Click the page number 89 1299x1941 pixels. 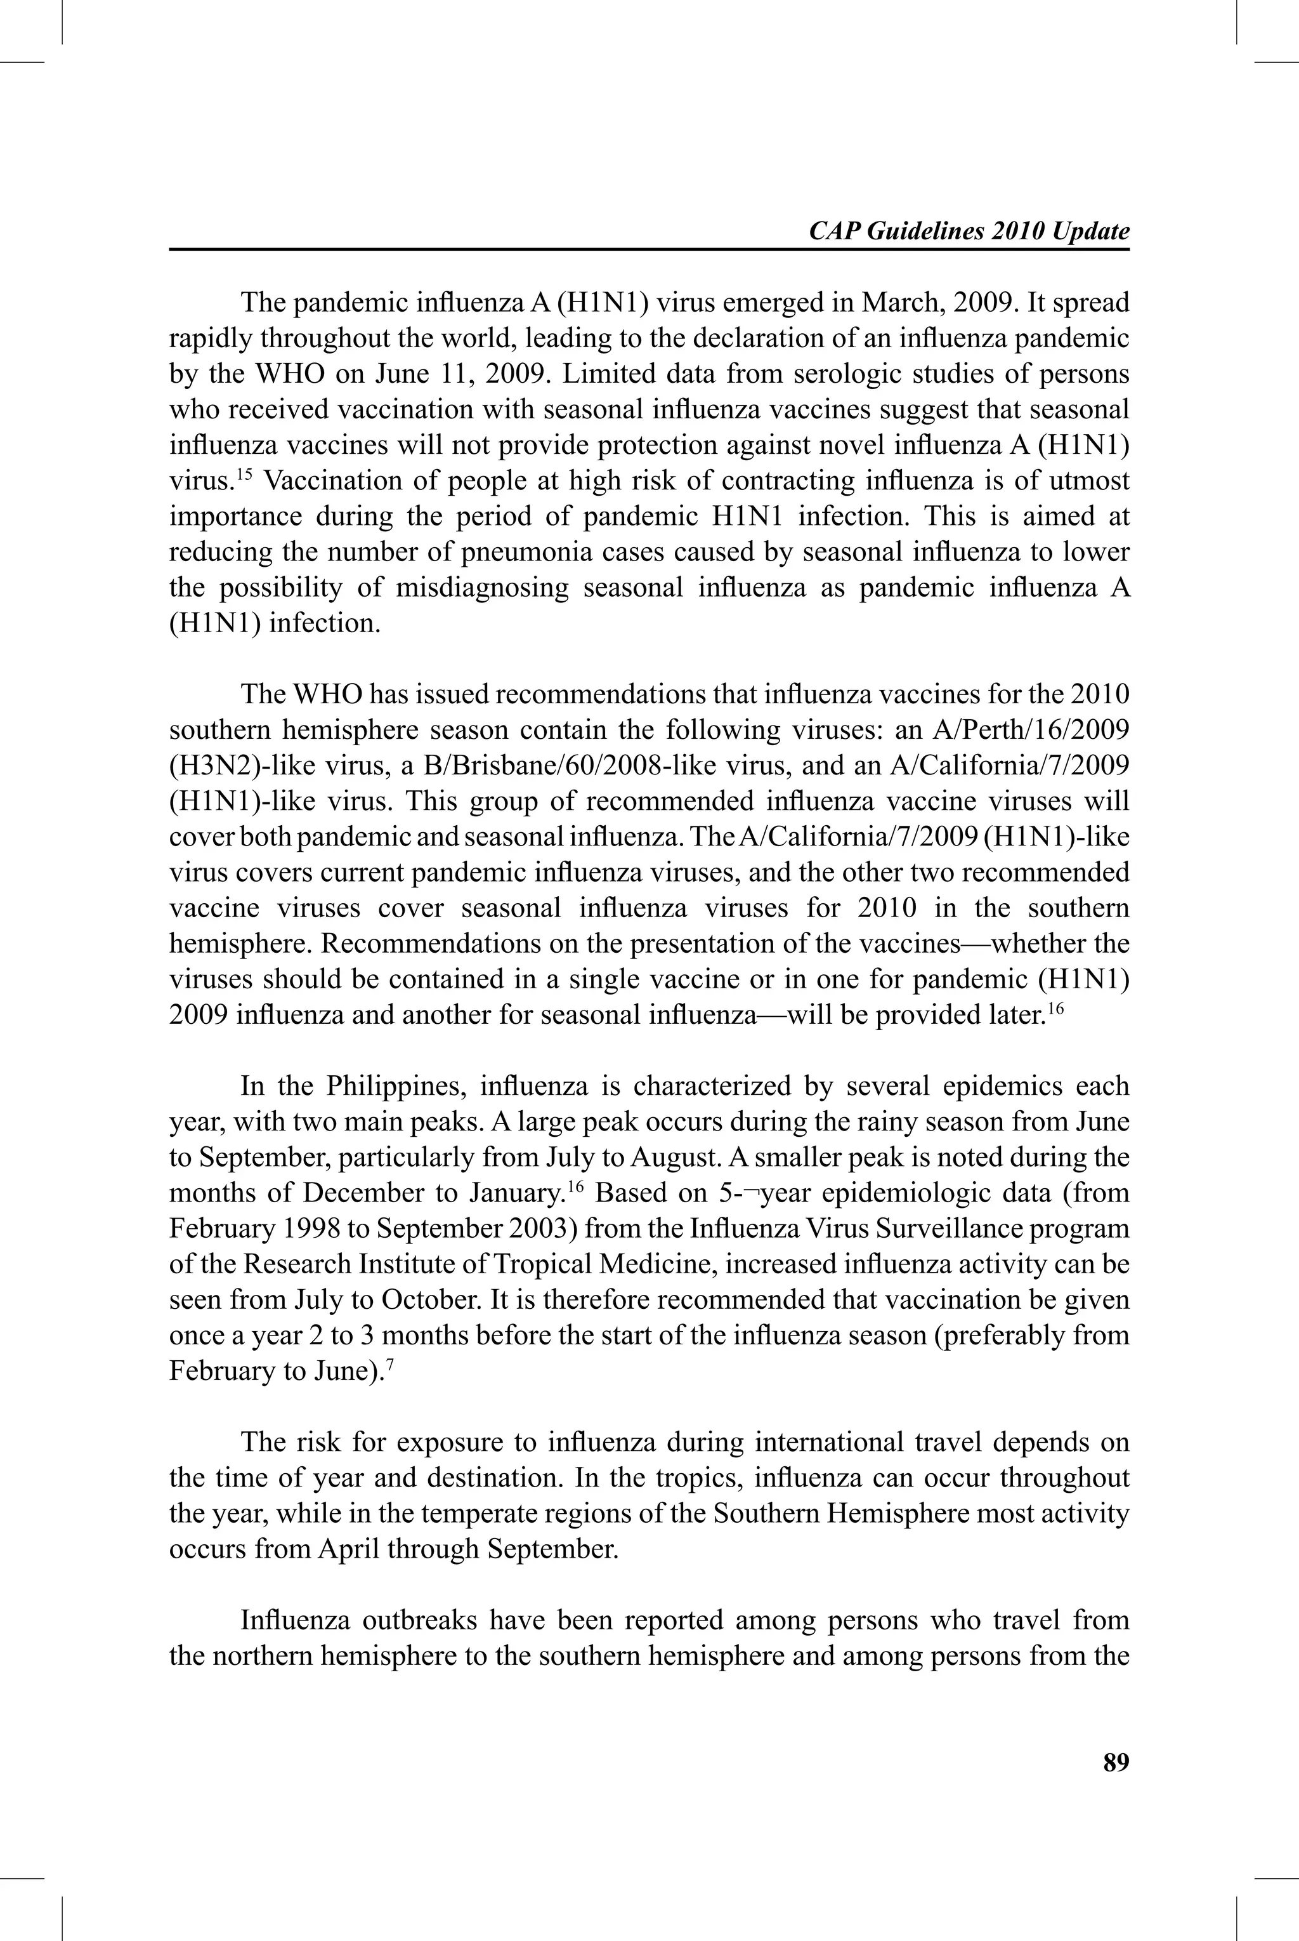coord(1116,1763)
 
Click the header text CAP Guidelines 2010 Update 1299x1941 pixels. coord(969,231)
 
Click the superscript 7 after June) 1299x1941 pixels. coord(389,1363)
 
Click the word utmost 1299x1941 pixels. coord(1083,480)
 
